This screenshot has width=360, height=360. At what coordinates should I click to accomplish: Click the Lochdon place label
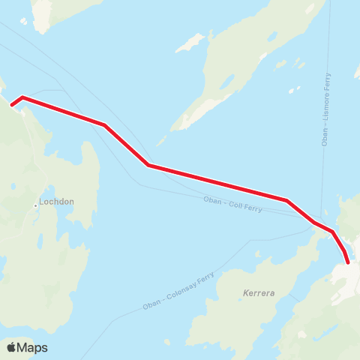click(x=59, y=202)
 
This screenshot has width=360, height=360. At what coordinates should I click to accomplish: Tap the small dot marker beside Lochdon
click(x=36, y=205)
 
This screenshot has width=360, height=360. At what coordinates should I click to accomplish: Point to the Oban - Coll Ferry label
click(x=232, y=204)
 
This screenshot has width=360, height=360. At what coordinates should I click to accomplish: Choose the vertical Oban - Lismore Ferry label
click(x=325, y=108)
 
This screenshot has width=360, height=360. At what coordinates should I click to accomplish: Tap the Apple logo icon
click(x=12, y=347)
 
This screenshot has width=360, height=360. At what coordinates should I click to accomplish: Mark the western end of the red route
click(x=12, y=104)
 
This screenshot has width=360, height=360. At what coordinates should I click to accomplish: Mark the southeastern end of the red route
click(x=347, y=262)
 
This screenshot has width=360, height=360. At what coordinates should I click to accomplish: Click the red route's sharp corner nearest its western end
click(x=23, y=97)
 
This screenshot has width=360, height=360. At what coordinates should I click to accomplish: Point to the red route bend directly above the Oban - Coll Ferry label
click(x=286, y=200)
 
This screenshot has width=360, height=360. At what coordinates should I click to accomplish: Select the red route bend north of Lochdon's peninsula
click(x=105, y=124)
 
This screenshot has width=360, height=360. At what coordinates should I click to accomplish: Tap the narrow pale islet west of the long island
click(x=190, y=43)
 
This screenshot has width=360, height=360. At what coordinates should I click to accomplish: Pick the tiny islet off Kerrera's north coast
click(x=257, y=253)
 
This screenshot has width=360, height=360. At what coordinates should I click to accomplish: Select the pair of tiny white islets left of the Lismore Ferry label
click(x=294, y=89)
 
